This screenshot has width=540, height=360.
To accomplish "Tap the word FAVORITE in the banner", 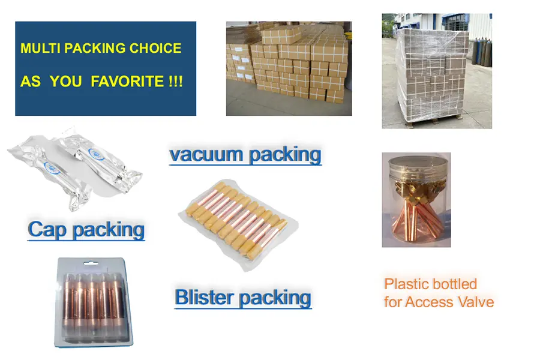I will tap(127, 82).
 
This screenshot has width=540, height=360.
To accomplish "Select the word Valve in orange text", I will tap(474, 301).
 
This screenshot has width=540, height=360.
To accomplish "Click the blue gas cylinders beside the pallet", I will tap(484, 54).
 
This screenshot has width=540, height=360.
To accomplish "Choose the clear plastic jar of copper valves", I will tap(416, 204).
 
